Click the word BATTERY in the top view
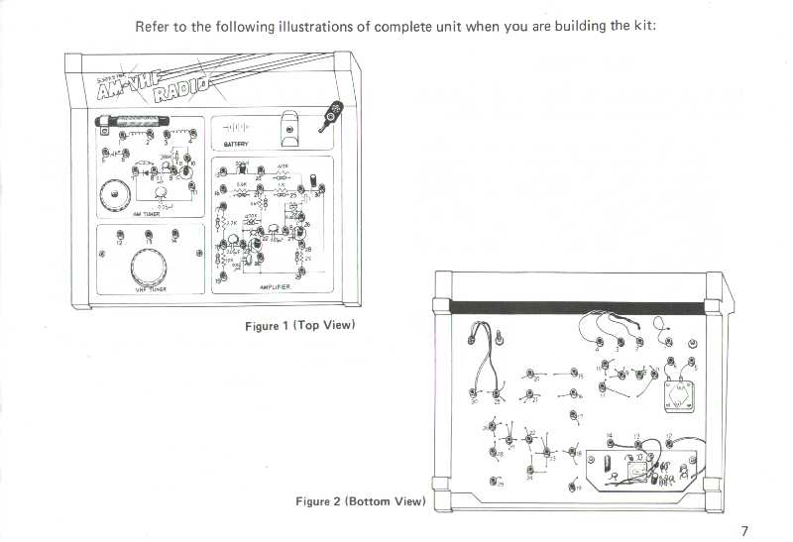pyautogui.click(x=235, y=144)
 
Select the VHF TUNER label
pyautogui.click(x=151, y=289)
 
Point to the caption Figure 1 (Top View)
pyautogui.click(x=300, y=325)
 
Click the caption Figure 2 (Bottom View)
pyautogui.click(x=361, y=501)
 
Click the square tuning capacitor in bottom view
pyautogui.click(x=678, y=400)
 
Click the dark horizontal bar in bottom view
pyautogui.click(x=579, y=307)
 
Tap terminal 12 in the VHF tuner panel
pyautogui.click(x=119, y=235)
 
